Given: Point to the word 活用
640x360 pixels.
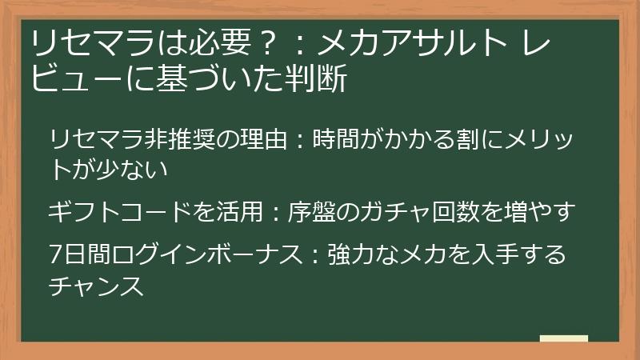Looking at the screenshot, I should click(x=236, y=212).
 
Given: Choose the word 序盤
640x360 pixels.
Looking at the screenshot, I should click(x=314, y=212).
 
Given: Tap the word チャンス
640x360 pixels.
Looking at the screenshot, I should click(x=96, y=286).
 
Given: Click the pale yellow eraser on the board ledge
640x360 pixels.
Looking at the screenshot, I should click(x=563, y=338).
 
